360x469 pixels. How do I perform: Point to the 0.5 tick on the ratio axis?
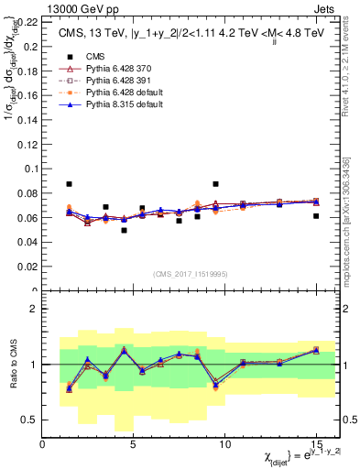30,420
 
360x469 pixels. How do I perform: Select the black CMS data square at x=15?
316,216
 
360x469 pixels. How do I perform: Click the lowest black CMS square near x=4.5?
124,230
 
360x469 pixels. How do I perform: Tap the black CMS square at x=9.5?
215,184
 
